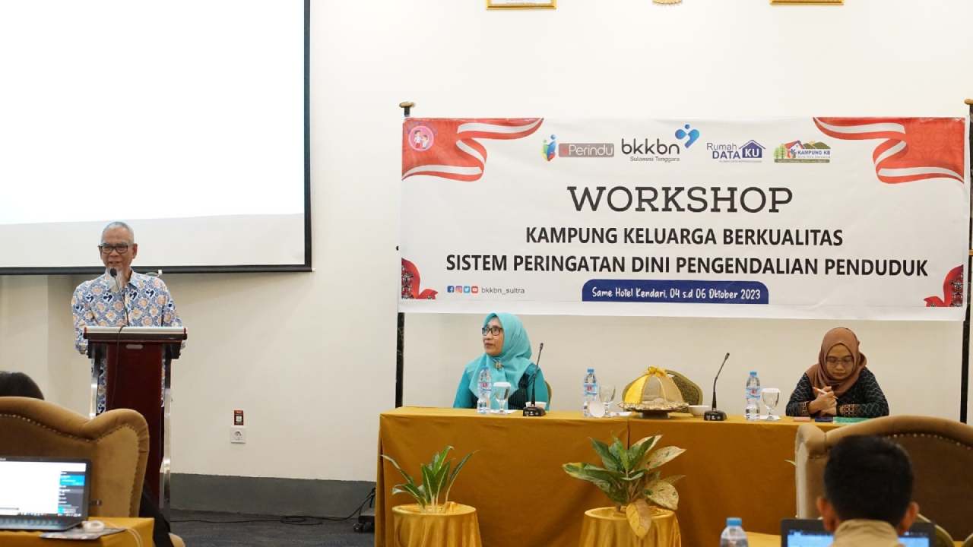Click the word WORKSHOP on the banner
680,200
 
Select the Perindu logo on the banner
579,149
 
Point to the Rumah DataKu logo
735,150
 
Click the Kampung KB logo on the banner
802,151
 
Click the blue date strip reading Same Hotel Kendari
675,292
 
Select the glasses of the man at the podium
116,248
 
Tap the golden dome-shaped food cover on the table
653,389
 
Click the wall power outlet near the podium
238,435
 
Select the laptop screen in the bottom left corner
43,489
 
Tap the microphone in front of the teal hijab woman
534,380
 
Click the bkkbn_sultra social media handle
502,289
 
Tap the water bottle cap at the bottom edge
733,523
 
